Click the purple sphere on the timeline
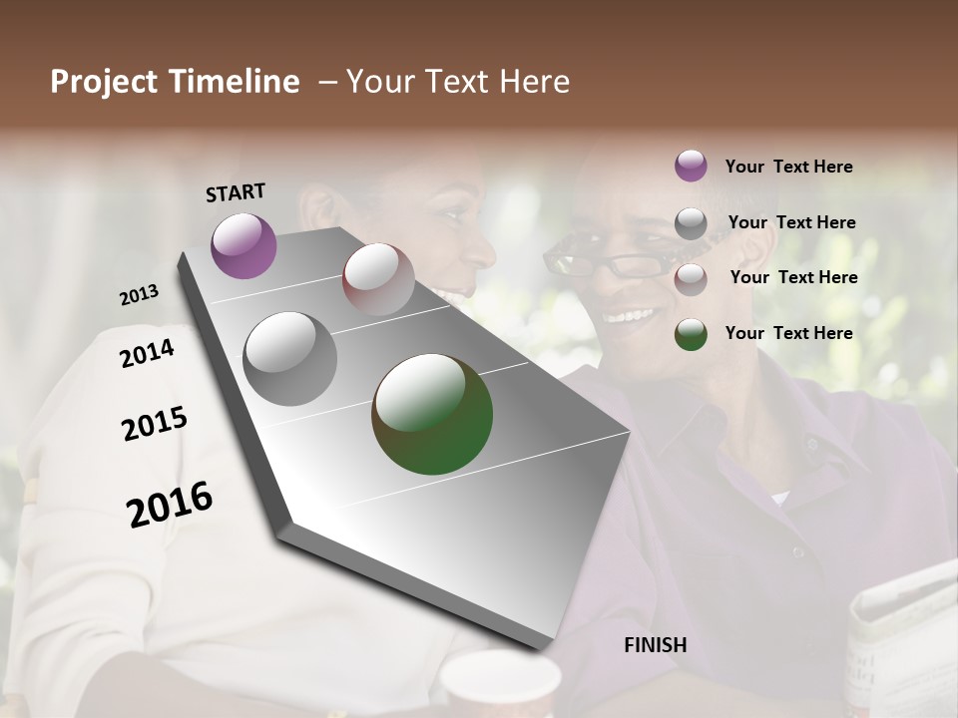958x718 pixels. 243,245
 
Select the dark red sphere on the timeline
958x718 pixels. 378,279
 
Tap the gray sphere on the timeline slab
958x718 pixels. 290,359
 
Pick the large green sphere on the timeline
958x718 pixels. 432,414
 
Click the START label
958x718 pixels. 236,192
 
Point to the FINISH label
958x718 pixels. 655,645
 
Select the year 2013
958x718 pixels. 140,295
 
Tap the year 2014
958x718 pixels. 147,353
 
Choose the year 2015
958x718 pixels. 155,424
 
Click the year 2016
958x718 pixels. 170,505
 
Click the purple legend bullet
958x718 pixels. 691,166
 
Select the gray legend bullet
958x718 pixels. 691,223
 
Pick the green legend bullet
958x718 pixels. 691,334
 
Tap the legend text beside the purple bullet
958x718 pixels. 788,167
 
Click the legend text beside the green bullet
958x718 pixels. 788,333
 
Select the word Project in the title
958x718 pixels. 104,82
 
